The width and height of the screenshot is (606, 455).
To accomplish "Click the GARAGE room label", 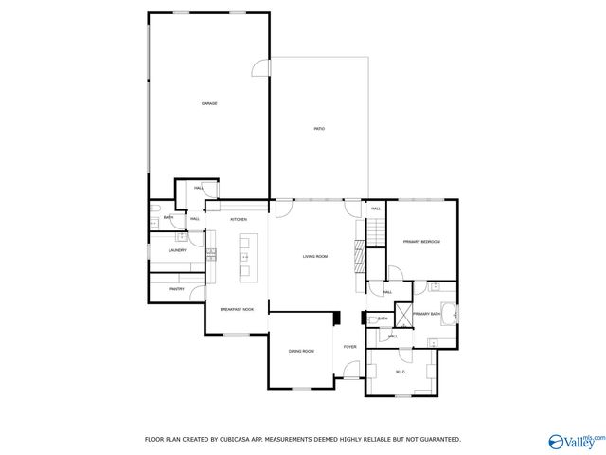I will point(208,103).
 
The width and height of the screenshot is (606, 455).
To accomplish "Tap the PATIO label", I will point(319,128).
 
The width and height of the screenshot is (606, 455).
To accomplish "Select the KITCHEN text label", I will point(239,219).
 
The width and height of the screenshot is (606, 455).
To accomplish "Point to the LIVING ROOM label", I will point(314,256).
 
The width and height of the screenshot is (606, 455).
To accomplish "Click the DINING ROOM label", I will point(301,351).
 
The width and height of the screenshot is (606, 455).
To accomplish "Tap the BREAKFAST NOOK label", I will point(237,309).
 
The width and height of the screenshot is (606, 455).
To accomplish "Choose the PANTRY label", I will point(177,288).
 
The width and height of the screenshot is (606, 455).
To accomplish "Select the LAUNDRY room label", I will point(177,250).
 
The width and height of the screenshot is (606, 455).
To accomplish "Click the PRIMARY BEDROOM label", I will point(421,242).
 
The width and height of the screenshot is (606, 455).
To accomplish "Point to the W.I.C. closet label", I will point(401,372).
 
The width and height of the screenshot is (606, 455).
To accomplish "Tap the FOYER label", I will point(349,347).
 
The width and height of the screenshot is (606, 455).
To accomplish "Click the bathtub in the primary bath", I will point(451,314).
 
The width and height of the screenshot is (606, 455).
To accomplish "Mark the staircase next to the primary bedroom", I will point(375,229).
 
